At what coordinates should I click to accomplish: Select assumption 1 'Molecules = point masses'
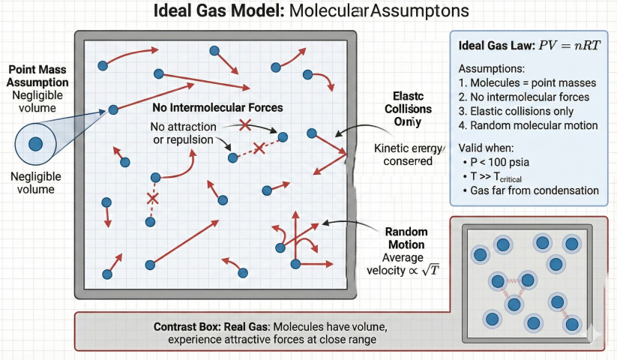[527, 82]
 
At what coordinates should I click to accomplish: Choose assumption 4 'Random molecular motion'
[528, 125]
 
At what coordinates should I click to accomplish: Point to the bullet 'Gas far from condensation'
[534, 190]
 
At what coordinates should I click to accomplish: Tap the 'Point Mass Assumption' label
[37, 75]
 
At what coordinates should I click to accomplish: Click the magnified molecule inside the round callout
[35, 143]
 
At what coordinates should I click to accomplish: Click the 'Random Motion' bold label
[405, 238]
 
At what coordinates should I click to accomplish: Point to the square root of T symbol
[430, 270]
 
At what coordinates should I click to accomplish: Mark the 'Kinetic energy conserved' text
[403, 154]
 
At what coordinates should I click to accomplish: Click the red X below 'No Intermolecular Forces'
[244, 124]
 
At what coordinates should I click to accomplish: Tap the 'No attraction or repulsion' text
[184, 133]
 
